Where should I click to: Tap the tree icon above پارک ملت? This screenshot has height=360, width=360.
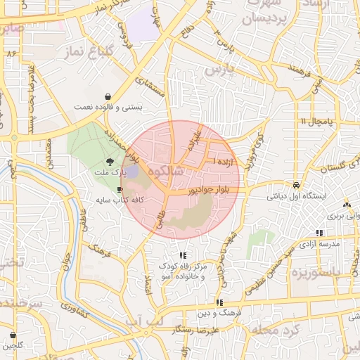point(108,162)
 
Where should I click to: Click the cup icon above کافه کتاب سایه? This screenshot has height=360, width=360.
point(120,190)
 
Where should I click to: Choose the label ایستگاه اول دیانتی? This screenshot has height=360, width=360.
point(297,196)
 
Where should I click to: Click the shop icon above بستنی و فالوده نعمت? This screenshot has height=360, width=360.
point(106,96)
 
